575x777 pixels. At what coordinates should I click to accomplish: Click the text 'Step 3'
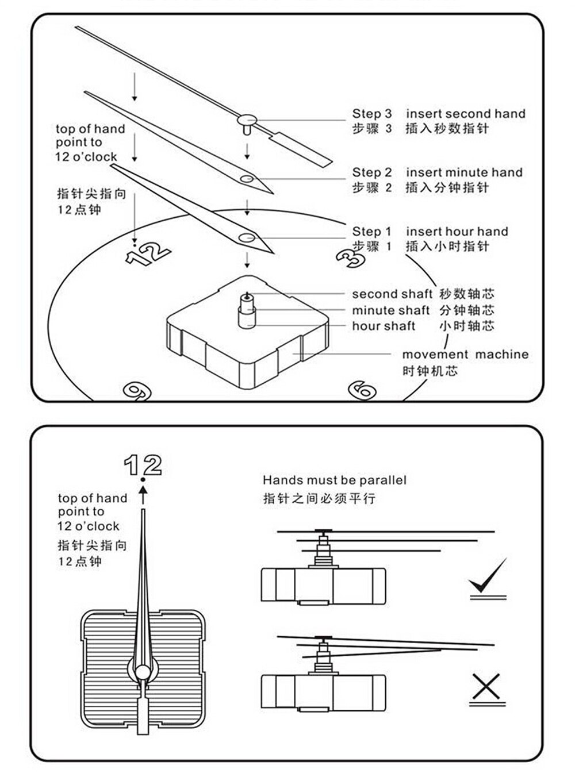coord(372,114)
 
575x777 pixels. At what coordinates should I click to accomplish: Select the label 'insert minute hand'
coord(464,172)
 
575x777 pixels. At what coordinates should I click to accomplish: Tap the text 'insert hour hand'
coord(457,232)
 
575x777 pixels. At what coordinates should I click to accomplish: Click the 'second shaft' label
coord(392,294)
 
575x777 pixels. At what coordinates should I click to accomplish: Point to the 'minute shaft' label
coord(390,310)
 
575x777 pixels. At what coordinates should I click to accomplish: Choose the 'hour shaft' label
coord(384,326)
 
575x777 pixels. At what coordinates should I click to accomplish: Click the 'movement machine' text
coord(465,355)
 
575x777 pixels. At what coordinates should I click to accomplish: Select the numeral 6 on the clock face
coord(363,391)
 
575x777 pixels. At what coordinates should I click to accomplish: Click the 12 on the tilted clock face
coord(148,253)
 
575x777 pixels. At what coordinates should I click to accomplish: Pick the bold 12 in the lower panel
coord(143,464)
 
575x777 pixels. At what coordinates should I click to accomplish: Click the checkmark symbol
coord(489,578)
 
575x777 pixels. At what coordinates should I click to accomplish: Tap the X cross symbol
coord(486,686)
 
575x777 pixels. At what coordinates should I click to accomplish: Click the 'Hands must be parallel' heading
coord(334,480)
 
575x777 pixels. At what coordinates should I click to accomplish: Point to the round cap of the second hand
coord(248,120)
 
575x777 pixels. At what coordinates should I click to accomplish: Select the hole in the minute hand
coord(248,179)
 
